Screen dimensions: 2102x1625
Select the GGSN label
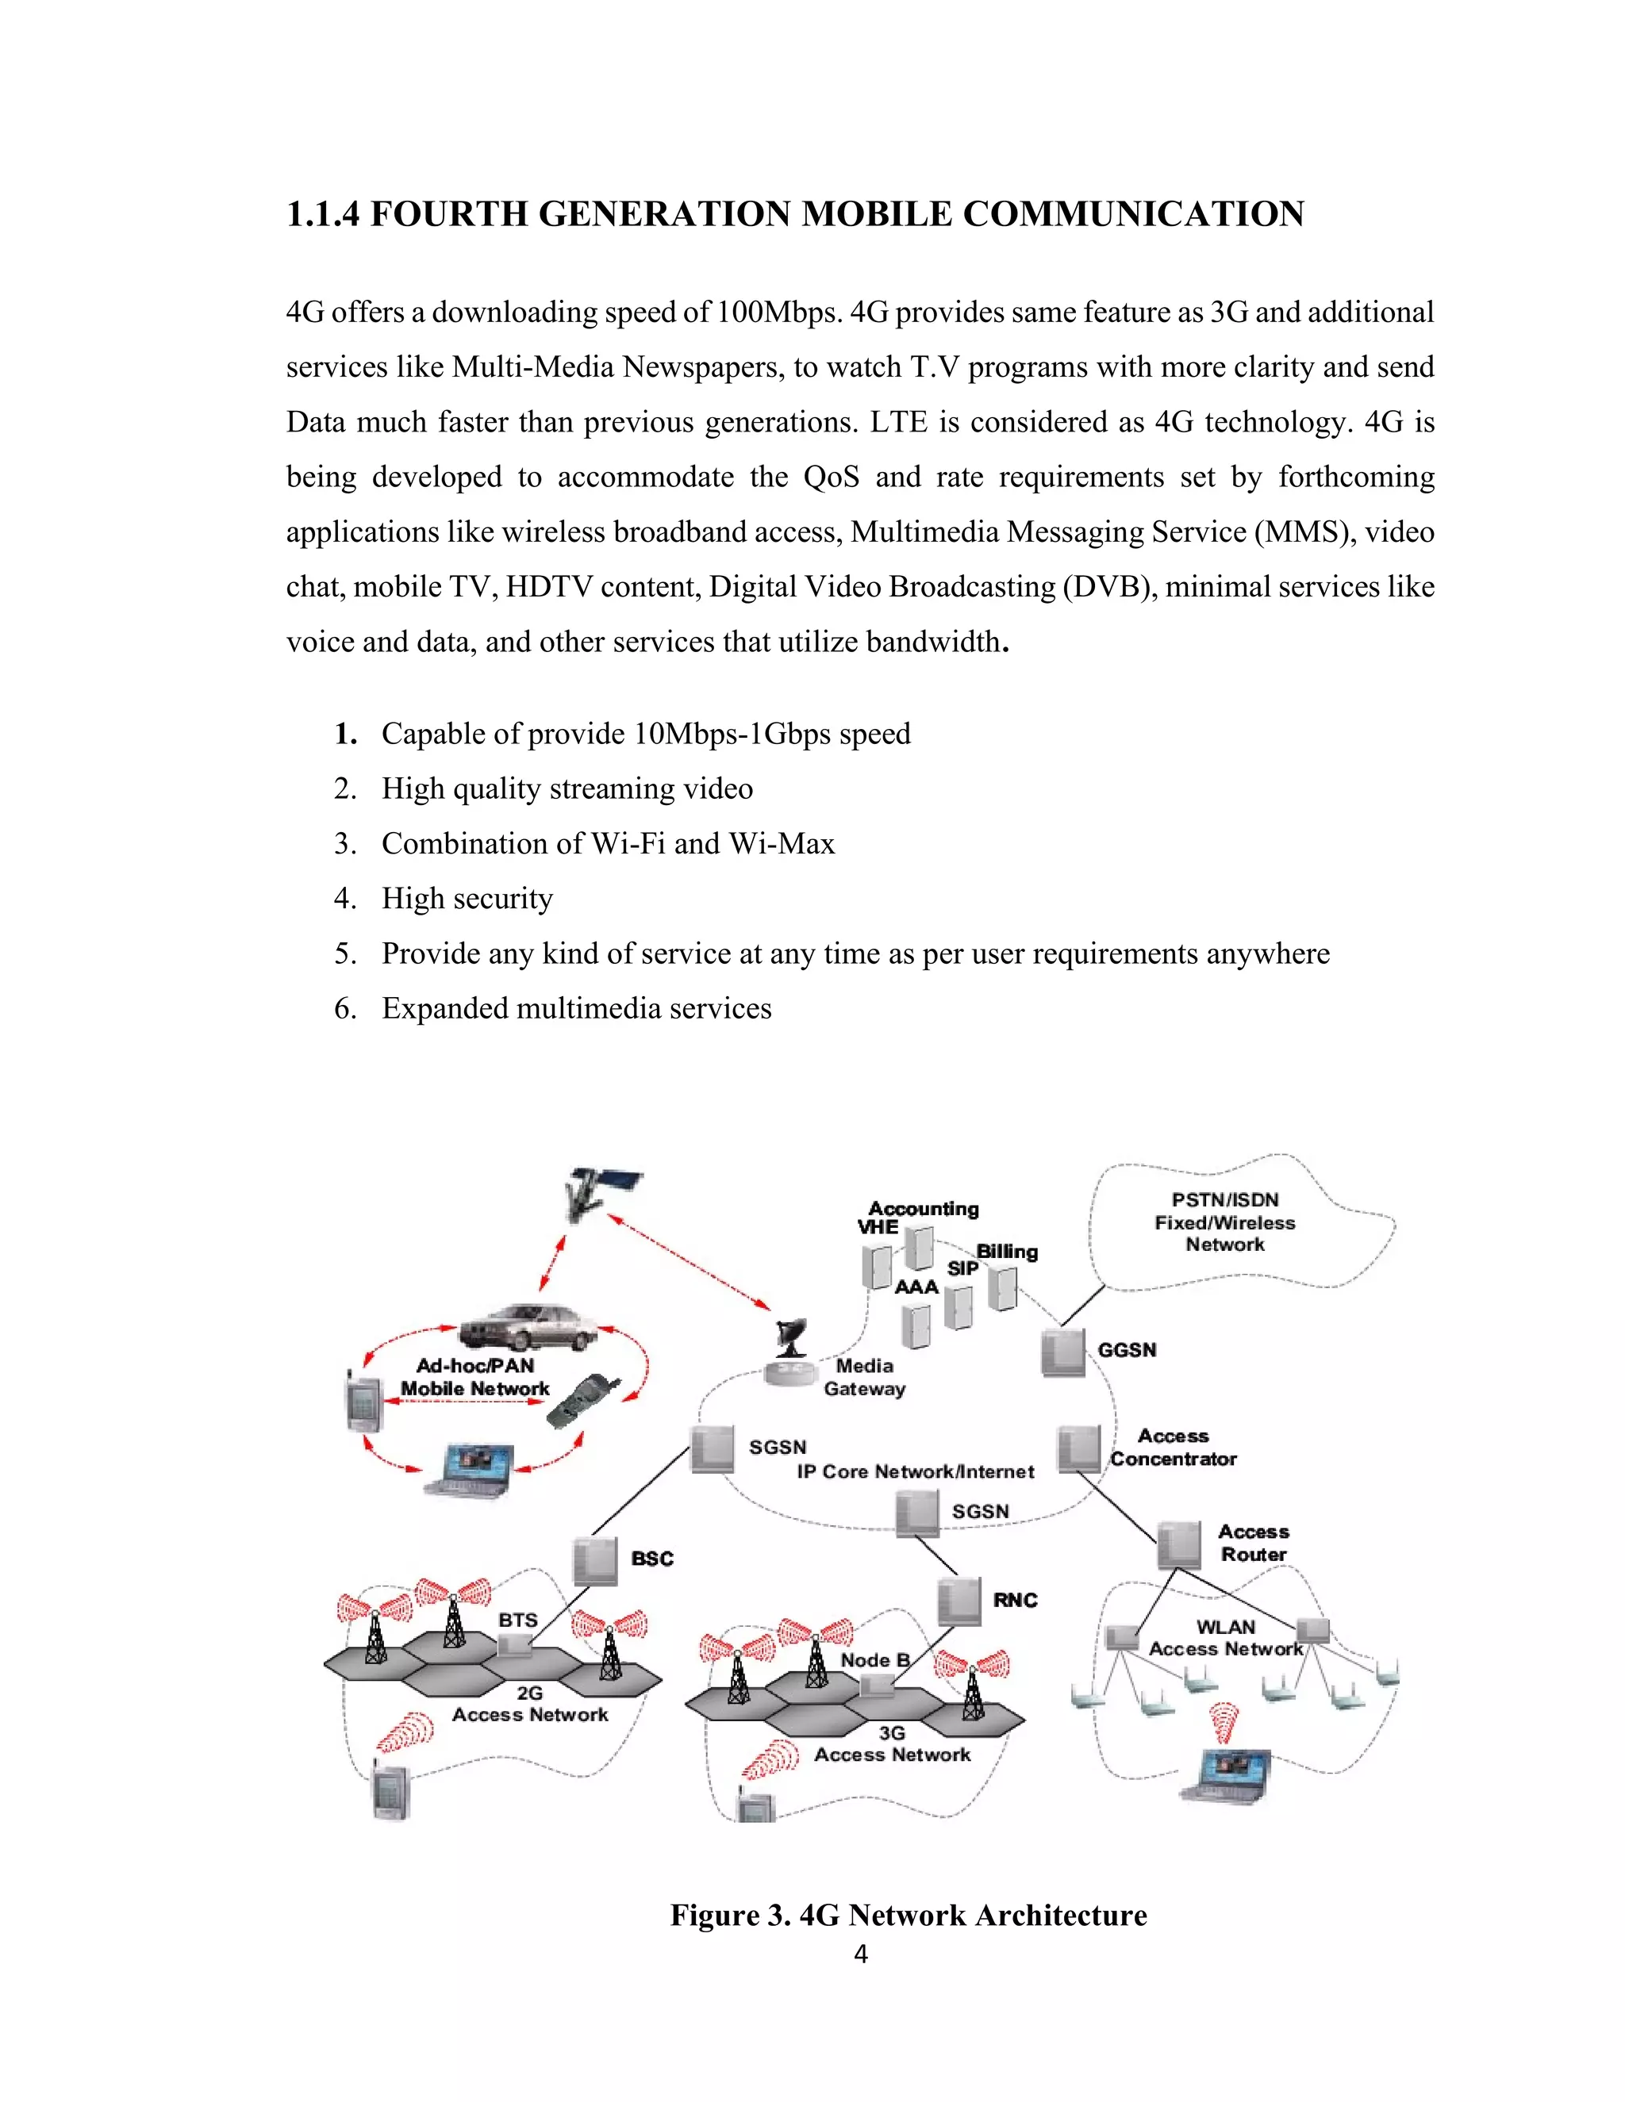(1127, 1349)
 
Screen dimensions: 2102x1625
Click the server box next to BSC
(595, 1560)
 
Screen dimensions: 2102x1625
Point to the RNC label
(1015, 1600)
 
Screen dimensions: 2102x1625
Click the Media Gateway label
(865, 1377)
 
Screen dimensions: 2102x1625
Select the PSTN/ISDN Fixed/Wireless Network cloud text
(1224, 1222)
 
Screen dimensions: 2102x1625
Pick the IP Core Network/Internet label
(915, 1471)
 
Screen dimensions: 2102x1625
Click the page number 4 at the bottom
(861, 1954)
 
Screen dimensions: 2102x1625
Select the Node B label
(874, 1659)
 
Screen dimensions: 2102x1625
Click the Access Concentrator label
(1173, 1448)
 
